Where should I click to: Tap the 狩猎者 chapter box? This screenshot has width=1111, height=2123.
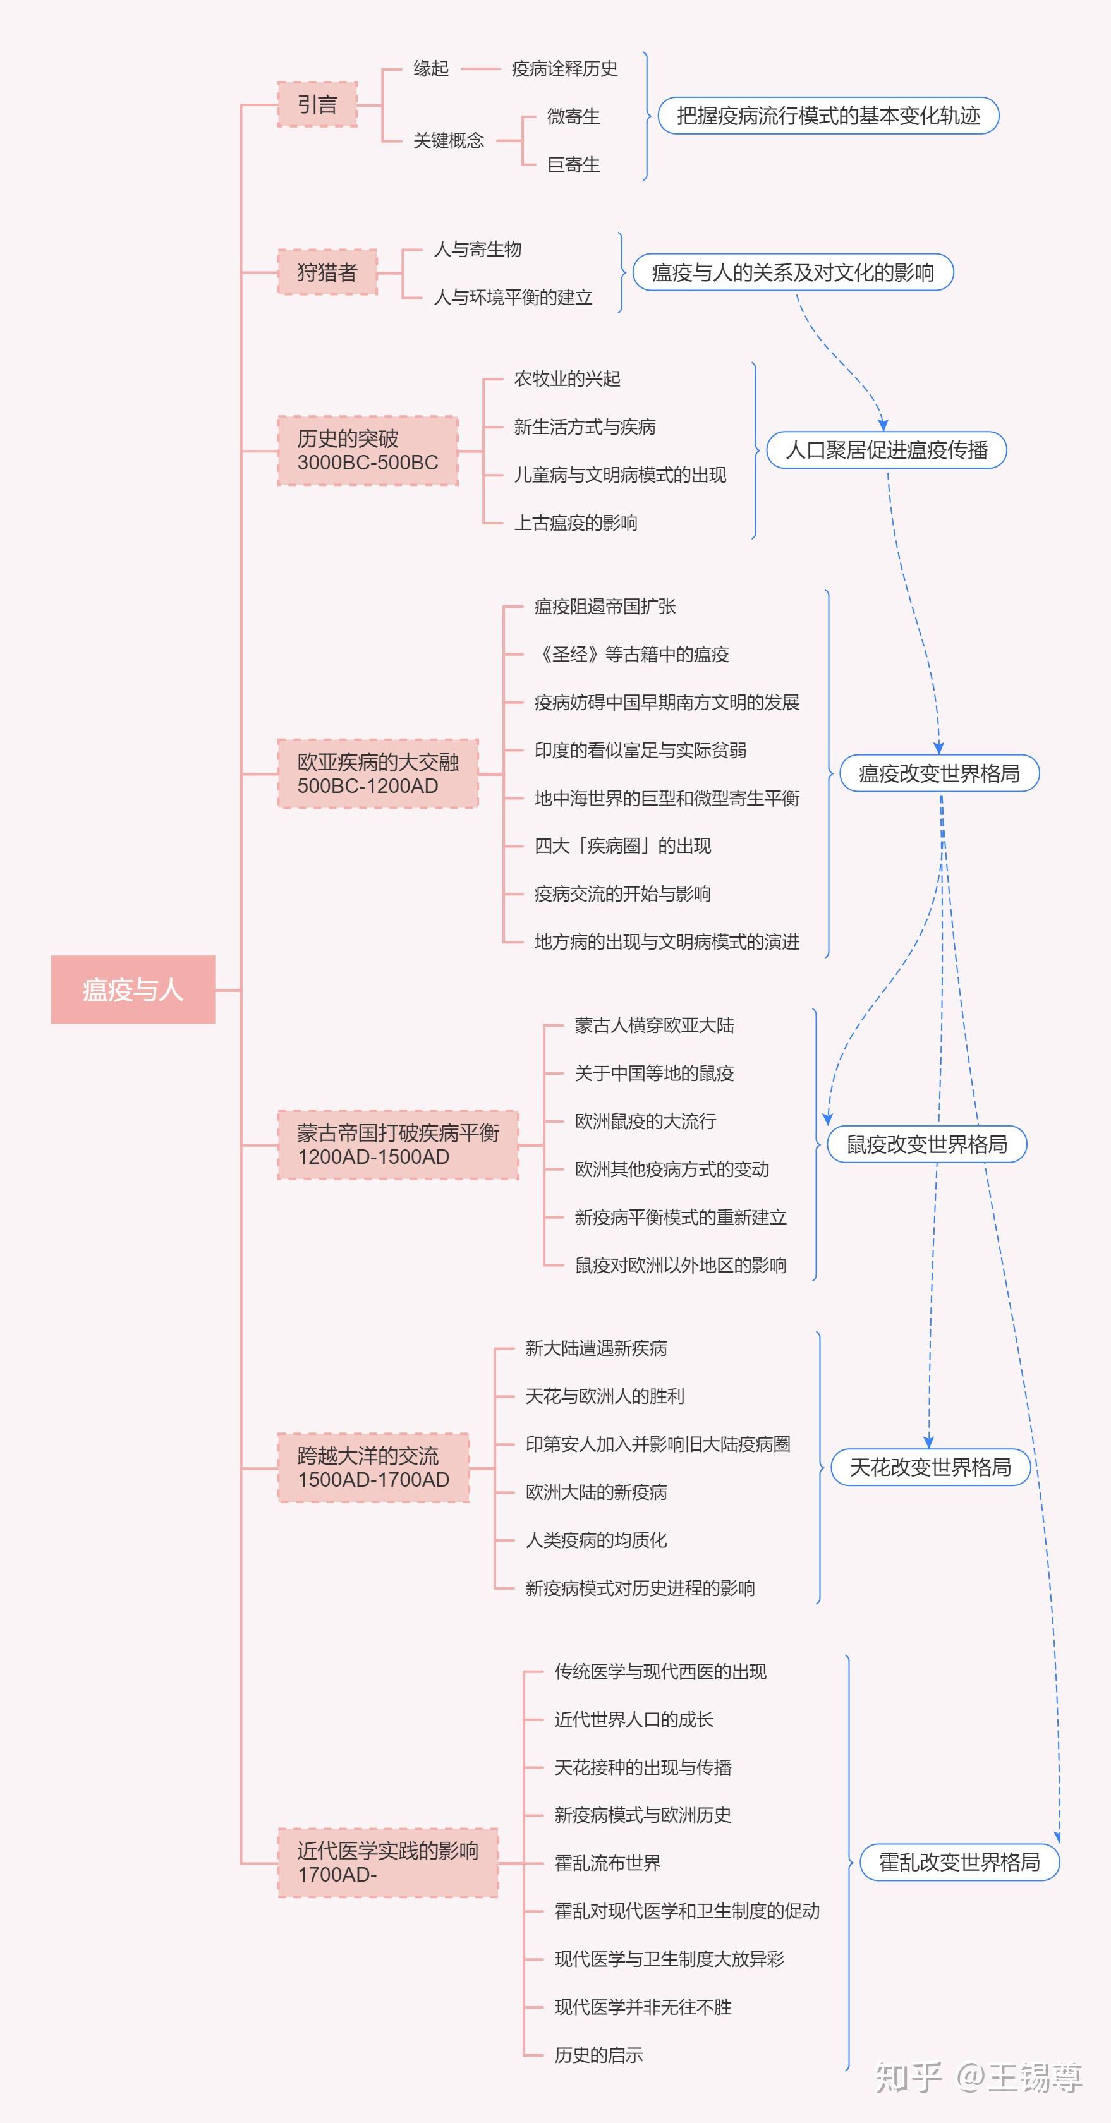(x=327, y=272)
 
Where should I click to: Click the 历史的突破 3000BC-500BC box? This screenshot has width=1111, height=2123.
(x=368, y=451)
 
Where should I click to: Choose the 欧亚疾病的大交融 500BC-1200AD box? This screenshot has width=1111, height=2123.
(x=377, y=774)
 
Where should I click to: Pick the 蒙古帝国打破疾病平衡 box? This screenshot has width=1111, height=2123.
(x=398, y=1145)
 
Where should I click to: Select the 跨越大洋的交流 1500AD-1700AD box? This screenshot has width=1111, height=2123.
(x=373, y=1468)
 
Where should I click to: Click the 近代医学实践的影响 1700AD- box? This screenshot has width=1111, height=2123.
(x=387, y=1863)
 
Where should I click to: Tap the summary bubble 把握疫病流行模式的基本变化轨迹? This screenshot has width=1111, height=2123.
(x=829, y=116)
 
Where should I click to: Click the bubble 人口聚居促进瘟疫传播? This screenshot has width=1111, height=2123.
(x=886, y=450)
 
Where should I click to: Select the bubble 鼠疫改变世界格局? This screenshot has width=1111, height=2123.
(x=926, y=1145)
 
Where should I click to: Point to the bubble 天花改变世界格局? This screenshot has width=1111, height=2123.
(x=930, y=1468)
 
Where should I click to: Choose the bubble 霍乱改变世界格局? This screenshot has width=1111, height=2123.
(x=959, y=1863)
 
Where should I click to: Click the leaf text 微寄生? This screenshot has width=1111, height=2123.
(x=574, y=117)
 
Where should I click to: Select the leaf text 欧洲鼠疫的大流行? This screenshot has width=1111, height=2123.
(x=645, y=1122)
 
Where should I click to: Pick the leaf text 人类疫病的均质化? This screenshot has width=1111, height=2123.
(x=596, y=1540)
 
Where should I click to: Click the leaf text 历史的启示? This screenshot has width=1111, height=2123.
(x=598, y=2055)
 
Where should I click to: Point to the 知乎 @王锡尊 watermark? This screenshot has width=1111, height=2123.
(x=978, y=2078)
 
